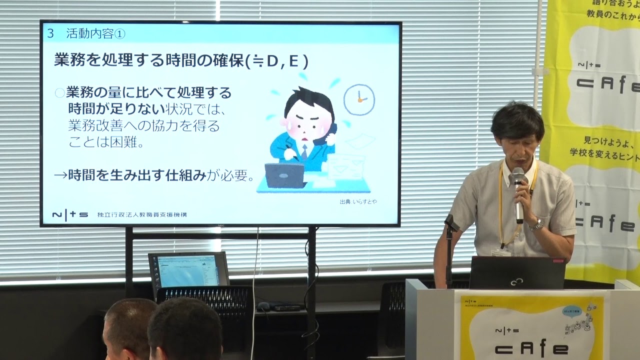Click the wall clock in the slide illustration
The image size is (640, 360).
tap(359, 99)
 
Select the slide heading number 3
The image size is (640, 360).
tap(50, 33)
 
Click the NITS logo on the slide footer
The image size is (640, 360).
tap(70, 214)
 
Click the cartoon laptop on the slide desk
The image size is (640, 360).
tap(284, 175)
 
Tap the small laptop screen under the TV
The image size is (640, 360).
tap(188, 270)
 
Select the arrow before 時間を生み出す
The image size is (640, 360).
tap(60, 175)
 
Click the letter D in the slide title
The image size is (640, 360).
tap(272, 61)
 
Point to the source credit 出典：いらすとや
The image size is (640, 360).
tap(358, 202)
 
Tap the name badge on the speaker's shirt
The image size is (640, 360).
tap(500, 252)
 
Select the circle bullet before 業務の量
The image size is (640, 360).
tap(59, 92)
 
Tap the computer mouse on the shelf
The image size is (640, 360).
tap(263, 306)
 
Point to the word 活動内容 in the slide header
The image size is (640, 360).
tap(90, 33)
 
